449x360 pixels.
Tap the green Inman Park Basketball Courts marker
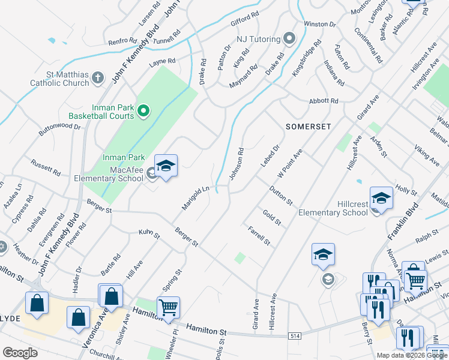point(143,110)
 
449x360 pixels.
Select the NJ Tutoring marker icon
point(289,40)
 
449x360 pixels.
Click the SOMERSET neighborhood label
point(308,127)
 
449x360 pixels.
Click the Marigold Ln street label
point(196,198)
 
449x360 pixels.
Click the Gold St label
point(271,217)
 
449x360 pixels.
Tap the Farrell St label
point(259,236)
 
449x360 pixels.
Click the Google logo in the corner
point(20,352)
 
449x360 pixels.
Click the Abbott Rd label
point(324,101)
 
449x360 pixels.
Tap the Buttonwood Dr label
point(59,127)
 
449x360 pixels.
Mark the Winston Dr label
point(319,24)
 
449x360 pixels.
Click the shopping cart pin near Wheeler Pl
point(169,307)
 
